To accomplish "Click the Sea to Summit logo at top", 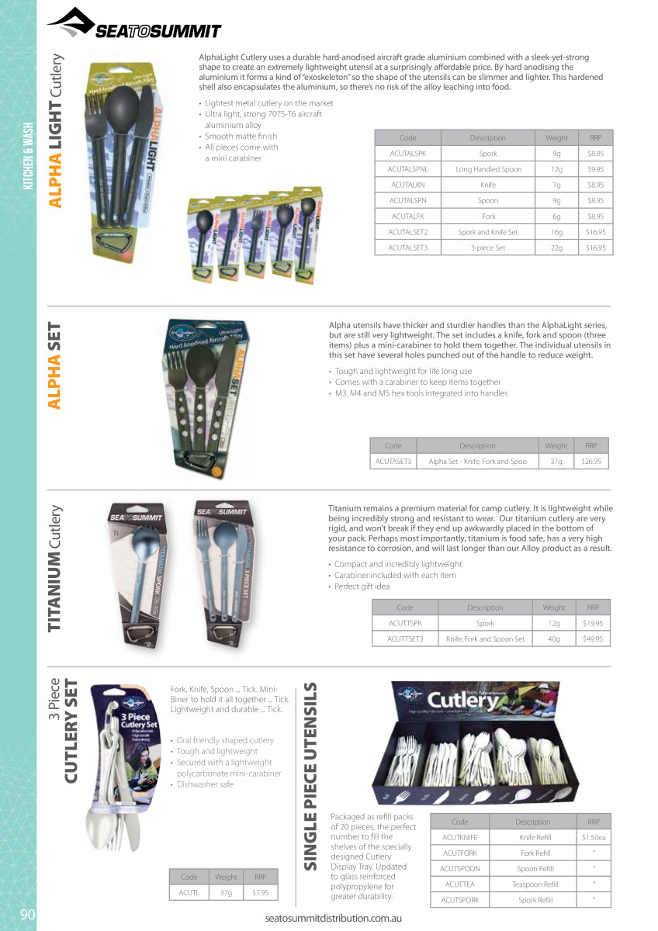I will tap(134, 24).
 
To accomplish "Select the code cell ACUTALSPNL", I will tap(407, 169).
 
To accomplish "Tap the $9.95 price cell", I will tap(595, 169).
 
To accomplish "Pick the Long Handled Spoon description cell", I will tap(488, 169).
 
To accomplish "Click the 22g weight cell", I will tap(556, 247).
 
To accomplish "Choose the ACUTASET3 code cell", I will tap(393, 462).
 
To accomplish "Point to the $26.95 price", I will tap(590, 462).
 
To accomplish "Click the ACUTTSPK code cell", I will tap(405, 623).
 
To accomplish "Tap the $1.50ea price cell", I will tap(594, 838).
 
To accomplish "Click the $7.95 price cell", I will tap(260, 893).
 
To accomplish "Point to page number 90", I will tap(28, 914).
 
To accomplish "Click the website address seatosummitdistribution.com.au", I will tap(333, 918).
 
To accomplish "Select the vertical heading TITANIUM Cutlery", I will tap(55, 569).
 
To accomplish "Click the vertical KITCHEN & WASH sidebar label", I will tap(28, 155).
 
